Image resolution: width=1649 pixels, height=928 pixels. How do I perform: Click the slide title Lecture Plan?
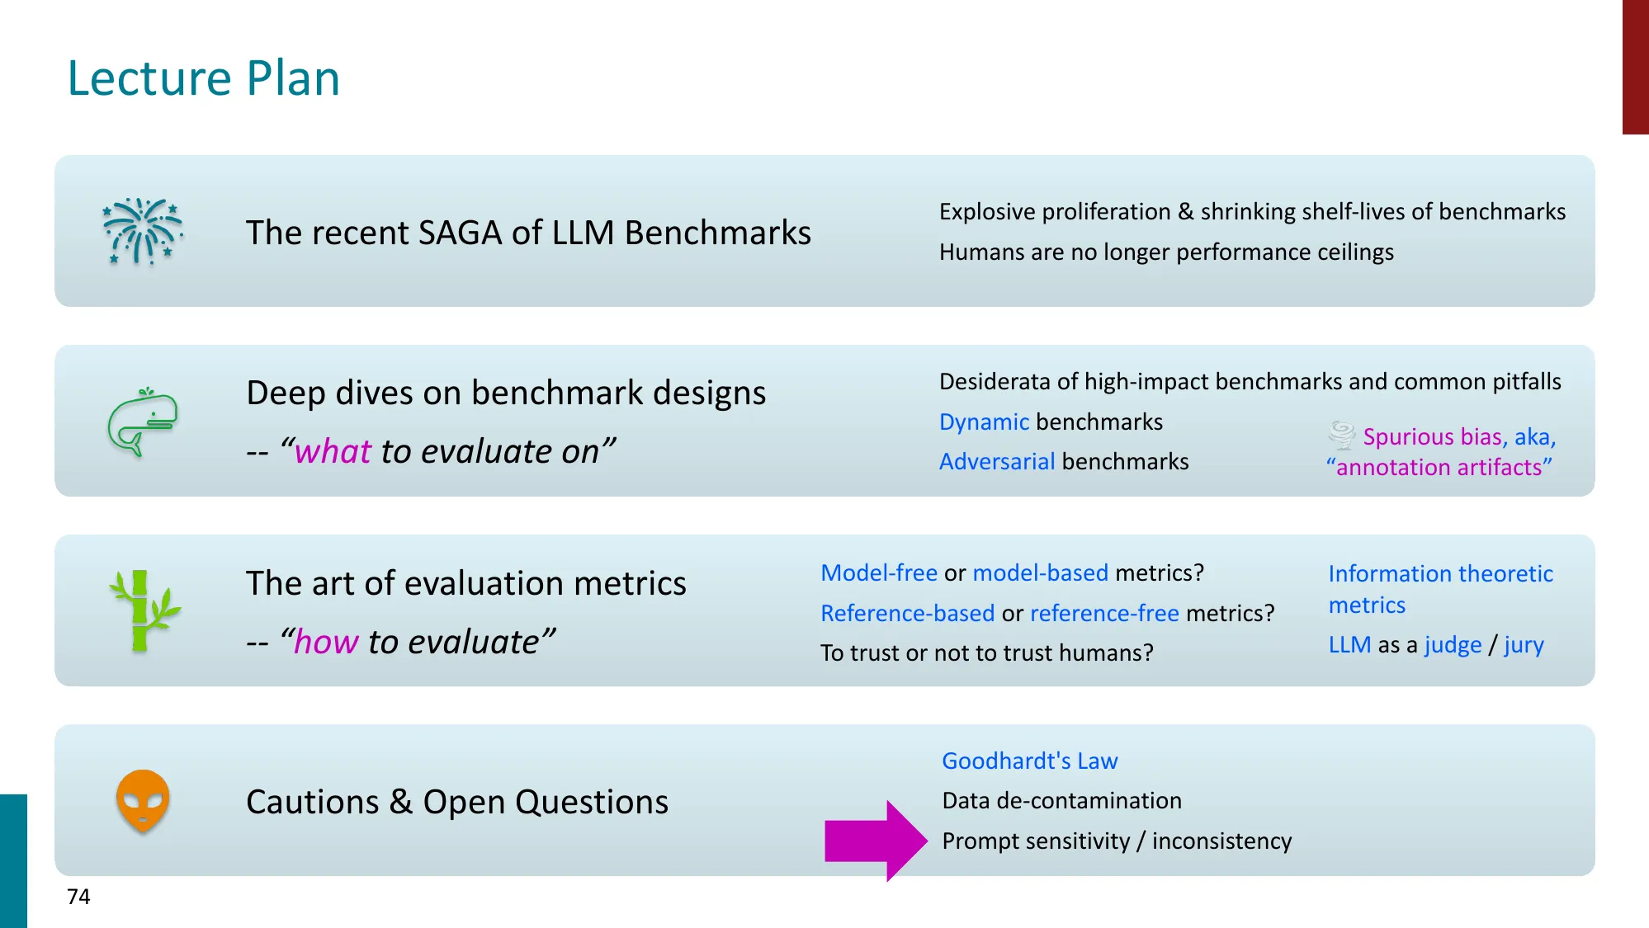(x=203, y=78)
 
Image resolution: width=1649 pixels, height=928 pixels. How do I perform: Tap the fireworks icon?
(x=143, y=232)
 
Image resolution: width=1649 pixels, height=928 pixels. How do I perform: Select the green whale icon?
(x=143, y=422)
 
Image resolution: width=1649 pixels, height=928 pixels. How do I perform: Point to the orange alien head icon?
(x=143, y=801)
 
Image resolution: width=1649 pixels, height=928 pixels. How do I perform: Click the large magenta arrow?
(x=876, y=841)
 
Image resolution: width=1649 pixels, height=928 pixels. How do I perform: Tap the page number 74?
(x=78, y=897)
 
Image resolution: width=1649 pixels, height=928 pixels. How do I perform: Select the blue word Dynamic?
(x=984, y=422)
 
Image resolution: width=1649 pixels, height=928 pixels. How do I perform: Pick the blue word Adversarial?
(x=997, y=461)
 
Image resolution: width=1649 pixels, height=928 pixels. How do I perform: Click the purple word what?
(x=333, y=451)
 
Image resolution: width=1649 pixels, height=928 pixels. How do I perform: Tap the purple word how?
(x=326, y=642)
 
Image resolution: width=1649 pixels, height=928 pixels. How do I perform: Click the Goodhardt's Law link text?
(x=1030, y=761)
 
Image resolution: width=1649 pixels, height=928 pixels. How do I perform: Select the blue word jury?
(x=1524, y=644)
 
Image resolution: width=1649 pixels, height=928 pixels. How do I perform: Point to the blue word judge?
(x=1453, y=644)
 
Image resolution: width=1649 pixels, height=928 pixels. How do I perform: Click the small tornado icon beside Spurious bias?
(x=1342, y=435)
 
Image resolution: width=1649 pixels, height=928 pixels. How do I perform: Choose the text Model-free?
(x=879, y=572)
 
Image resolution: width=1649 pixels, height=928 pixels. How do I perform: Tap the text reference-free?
(x=1104, y=613)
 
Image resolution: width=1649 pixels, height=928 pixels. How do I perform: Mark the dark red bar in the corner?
(x=1636, y=67)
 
